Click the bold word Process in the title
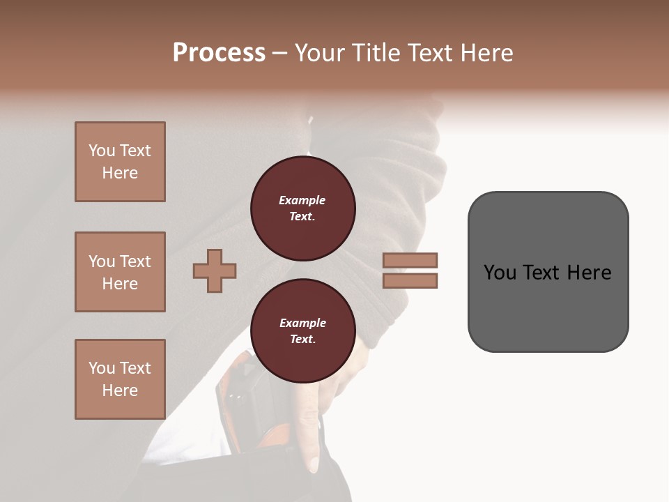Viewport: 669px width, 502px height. click(x=219, y=52)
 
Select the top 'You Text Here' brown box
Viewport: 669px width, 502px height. click(x=120, y=162)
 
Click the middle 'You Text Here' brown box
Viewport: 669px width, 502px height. click(x=120, y=272)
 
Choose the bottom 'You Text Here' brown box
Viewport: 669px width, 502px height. click(x=120, y=379)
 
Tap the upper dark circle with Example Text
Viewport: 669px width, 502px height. click(x=302, y=208)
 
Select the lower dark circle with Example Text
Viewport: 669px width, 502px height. click(x=302, y=331)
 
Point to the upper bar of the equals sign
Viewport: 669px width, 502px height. click(x=410, y=261)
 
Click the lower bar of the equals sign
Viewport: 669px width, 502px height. click(x=410, y=280)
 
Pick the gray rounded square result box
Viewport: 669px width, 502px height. click(x=548, y=272)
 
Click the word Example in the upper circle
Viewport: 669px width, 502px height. click(x=302, y=200)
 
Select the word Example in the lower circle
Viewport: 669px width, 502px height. click(x=302, y=323)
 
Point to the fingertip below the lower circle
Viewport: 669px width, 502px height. click(x=314, y=464)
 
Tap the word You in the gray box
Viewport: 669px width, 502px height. click(x=500, y=273)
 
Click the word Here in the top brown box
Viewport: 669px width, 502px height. click(x=120, y=173)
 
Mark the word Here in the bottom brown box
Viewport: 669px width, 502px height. click(x=120, y=390)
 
